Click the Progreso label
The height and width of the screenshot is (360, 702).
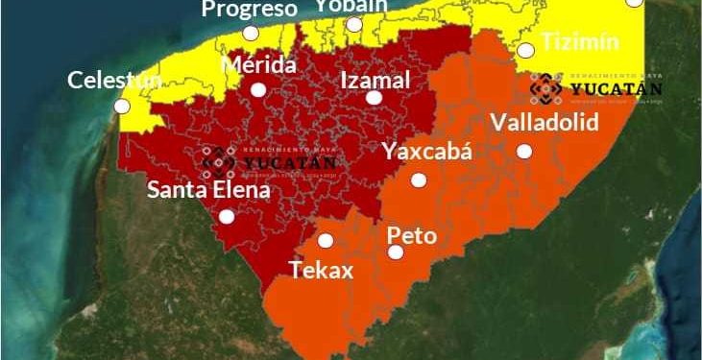point(249,10)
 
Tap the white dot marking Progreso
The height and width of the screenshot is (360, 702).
point(251,33)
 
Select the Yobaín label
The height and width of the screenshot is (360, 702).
point(351,6)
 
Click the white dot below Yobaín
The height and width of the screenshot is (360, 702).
point(354,24)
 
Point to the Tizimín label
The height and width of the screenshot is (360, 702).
point(579,42)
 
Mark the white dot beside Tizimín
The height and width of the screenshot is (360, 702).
point(525,50)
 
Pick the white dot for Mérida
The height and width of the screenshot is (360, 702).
point(257,89)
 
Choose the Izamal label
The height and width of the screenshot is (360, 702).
point(375,79)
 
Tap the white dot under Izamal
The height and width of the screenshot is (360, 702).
point(374,97)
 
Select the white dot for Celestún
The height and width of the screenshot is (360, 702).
point(122,107)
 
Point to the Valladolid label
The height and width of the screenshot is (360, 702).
point(544,123)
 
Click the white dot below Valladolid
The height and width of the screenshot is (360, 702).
point(524,151)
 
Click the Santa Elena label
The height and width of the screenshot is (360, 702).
point(208,190)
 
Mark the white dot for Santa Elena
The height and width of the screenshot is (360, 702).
point(227,217)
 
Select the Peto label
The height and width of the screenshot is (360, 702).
point(411,235)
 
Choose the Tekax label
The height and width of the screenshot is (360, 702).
point(322,270)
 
